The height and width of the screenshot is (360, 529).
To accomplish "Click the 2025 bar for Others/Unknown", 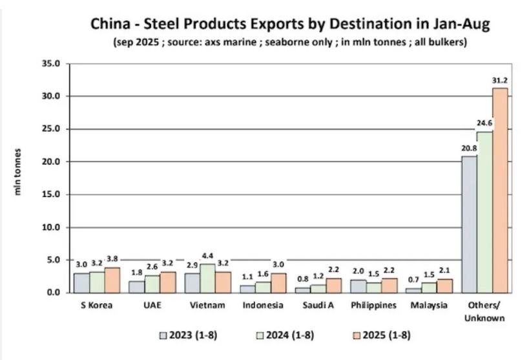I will click(x=499, y=190).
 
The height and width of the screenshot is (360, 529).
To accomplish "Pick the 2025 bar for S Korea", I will click(x=112, y=280).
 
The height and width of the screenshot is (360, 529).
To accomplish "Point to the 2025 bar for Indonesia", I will click(x=278, y=282).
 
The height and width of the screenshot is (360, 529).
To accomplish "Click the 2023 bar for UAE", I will click(x=136, y=286).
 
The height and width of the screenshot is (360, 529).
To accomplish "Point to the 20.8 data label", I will click(x=469, y=149).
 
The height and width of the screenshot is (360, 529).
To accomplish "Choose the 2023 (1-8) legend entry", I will click(x=188, y=335).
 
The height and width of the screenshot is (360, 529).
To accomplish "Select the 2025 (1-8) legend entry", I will click(x=379, y=335).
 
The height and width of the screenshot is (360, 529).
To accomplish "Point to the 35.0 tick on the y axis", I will click(x=50, y=63).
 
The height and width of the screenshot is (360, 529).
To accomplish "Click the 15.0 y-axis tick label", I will click(x=50, y=195).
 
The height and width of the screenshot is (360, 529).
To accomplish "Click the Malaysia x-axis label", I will click(x=429, y=306).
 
